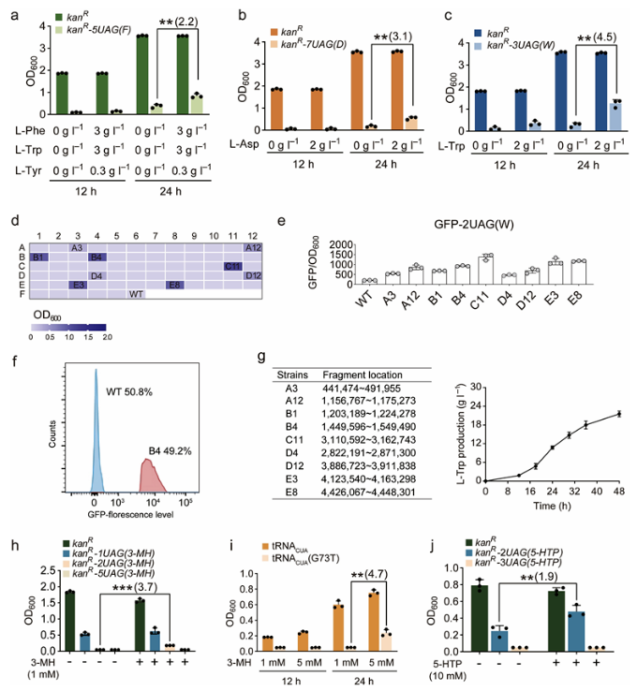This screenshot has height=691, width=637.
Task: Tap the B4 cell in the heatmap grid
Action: pyautogui.click(x=96, y=256)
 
